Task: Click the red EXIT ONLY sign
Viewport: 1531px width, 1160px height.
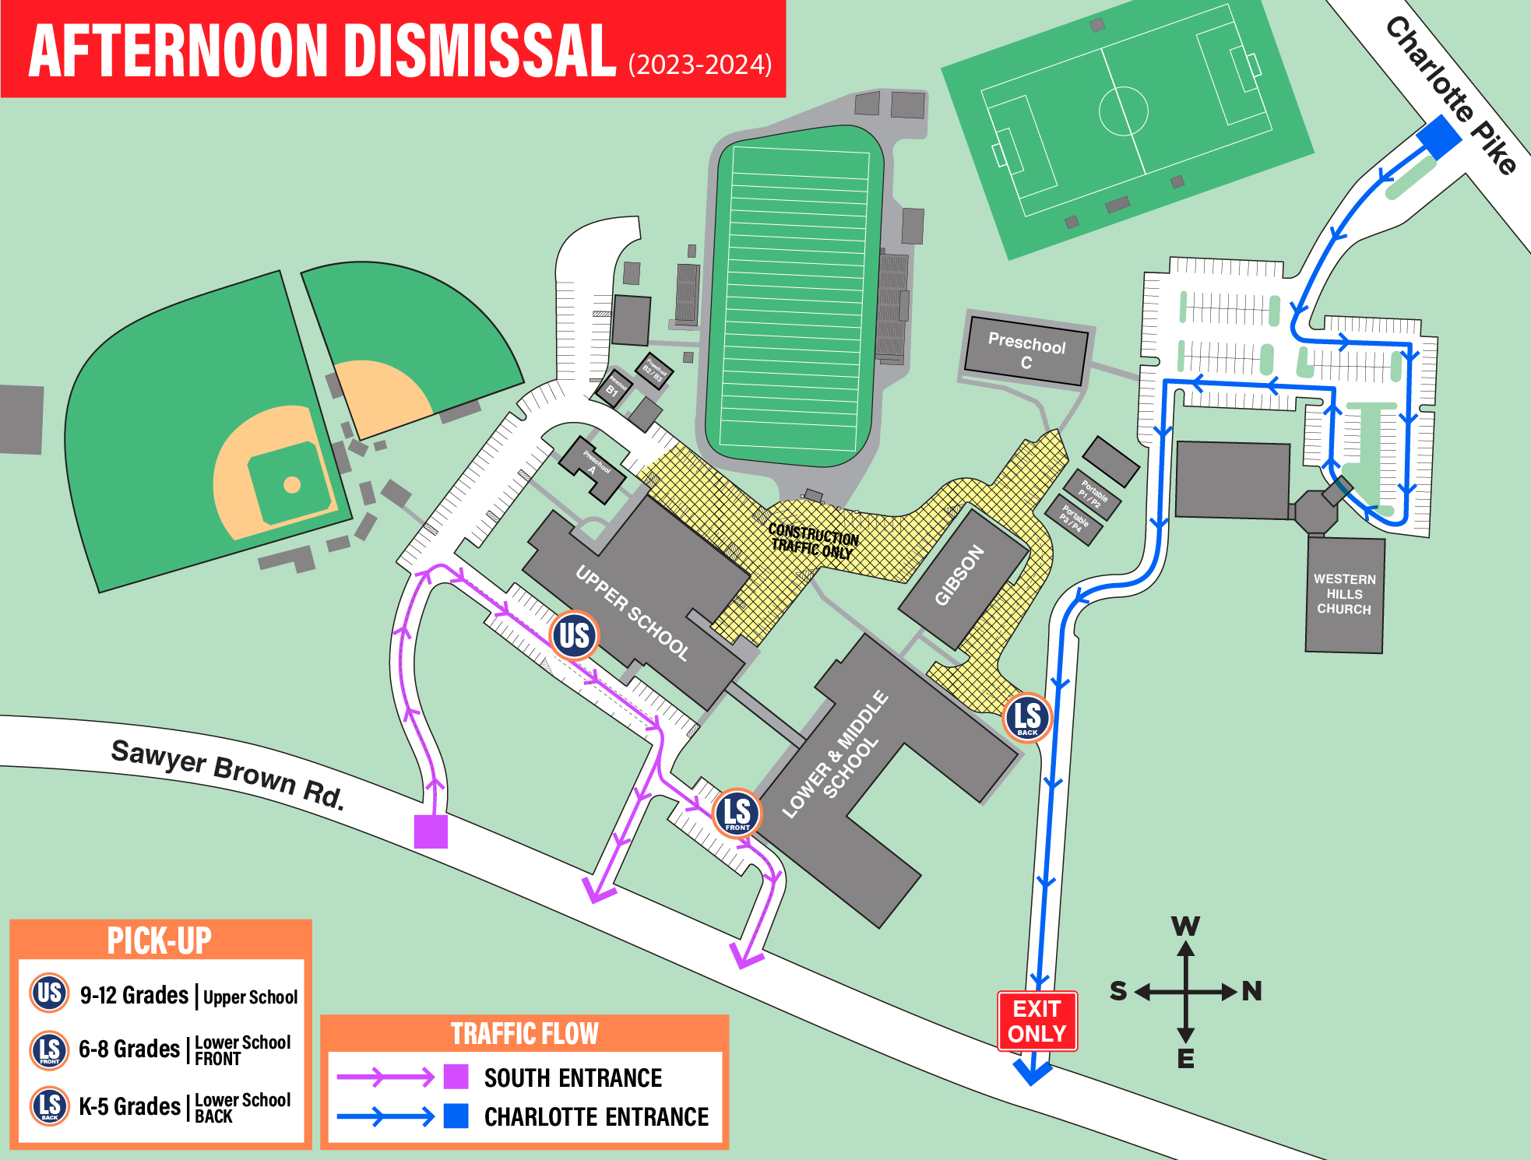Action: click(1037, 1021)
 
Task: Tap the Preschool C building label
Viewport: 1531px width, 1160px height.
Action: click(1026, 352)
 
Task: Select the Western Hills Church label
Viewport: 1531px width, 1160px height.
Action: click(1344, 594)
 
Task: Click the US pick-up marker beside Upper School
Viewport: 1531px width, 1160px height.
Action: click(574, 635)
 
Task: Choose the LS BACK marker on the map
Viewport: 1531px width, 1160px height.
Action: click(1027, 718)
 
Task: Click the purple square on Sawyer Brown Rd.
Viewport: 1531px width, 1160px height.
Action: click(431, 831)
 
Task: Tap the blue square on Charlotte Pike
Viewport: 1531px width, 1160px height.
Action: click(1438, 136)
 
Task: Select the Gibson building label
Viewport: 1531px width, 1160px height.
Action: click(959, 575)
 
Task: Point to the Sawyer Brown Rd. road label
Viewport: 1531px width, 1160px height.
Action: click(227, 773)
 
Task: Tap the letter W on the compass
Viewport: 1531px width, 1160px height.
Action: click(1185, 926)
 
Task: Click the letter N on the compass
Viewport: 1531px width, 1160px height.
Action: click(1251, 991)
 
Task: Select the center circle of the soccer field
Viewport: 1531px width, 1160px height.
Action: click(1123, 111)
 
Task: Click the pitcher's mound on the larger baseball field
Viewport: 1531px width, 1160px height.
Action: click(292, 485)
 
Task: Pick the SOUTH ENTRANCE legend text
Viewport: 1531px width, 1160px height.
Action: click(572, 1077)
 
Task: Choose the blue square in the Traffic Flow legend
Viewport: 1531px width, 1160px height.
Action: click(456, 1116)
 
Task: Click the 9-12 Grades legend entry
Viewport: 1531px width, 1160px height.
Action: click(134, 995)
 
